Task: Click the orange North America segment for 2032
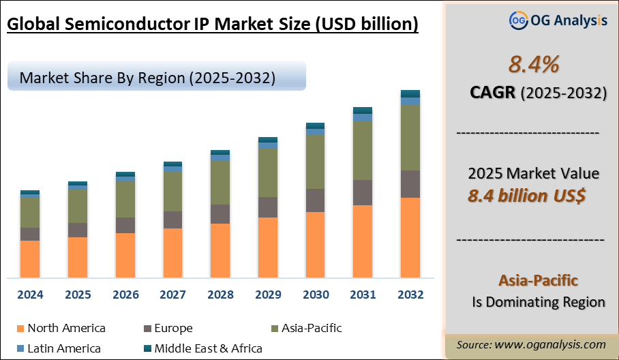coord(410,237)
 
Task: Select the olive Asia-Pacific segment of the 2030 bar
coord(315,162)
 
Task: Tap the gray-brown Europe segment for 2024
coord(30,234)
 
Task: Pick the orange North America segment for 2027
coord(172,252)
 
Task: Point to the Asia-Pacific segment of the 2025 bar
coord(78,206)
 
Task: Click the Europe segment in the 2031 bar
coord(363,192)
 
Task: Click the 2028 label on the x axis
coord(220,295)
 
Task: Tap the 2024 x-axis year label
coord(30,295)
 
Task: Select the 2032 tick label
coord(410,295)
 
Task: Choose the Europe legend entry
coord(173,328)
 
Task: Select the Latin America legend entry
coord(64,348)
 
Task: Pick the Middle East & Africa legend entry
coord(208,348)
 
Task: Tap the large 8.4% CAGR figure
coord(534,65)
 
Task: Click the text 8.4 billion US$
coord(527,196)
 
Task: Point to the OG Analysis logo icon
coord(519,20)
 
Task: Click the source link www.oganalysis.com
coord(552,344)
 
